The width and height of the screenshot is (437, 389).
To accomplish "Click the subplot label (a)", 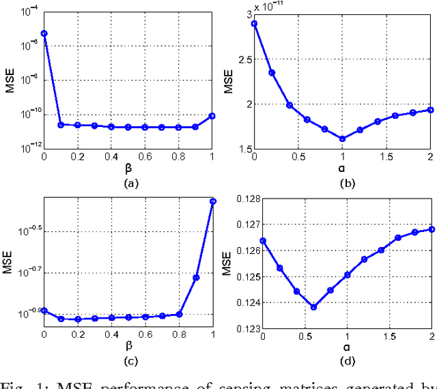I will coord(129,183).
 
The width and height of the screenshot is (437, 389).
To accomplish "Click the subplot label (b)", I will coord(347,183).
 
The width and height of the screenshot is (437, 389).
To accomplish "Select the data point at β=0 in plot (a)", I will coord(44,33).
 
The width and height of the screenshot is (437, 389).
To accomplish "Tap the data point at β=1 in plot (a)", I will coord(213,116).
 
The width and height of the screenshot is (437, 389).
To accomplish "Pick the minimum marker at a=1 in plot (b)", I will coord(343,139).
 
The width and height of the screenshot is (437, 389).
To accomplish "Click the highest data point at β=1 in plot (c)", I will coord(213,201).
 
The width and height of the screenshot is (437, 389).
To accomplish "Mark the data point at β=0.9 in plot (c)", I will coord(196,278).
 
